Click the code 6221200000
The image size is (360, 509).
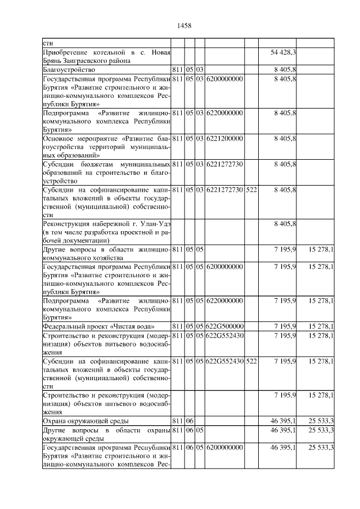click(225, 138)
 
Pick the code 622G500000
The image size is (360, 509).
click(225, 326)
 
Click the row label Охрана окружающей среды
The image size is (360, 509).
click(86, 421)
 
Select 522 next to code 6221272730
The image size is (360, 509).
click(251, 190)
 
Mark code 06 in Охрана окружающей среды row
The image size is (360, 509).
click(190, 421)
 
